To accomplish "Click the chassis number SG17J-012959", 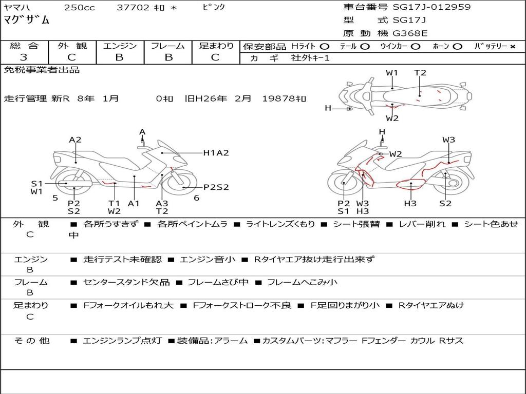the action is point(431,7).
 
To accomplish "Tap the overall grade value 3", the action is point(23,57).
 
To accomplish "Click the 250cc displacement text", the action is point(80,7).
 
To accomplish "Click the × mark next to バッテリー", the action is point(512,47).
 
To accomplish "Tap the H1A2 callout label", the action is point(216,153).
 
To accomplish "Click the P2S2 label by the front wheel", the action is point(216,187).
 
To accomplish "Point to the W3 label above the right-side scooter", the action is point(448,140).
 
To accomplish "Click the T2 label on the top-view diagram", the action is point(420,73).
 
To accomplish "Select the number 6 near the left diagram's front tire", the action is point(197,198).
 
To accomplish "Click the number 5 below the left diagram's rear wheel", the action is point(55,198).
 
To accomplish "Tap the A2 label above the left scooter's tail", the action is point(75,140).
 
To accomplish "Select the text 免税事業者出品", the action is point(42,70).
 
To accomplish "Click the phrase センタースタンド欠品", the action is point(126,282).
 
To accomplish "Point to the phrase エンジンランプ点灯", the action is point(122,341).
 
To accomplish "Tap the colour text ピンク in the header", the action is point(214,7).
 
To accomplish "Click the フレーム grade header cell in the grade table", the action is point(168,46).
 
